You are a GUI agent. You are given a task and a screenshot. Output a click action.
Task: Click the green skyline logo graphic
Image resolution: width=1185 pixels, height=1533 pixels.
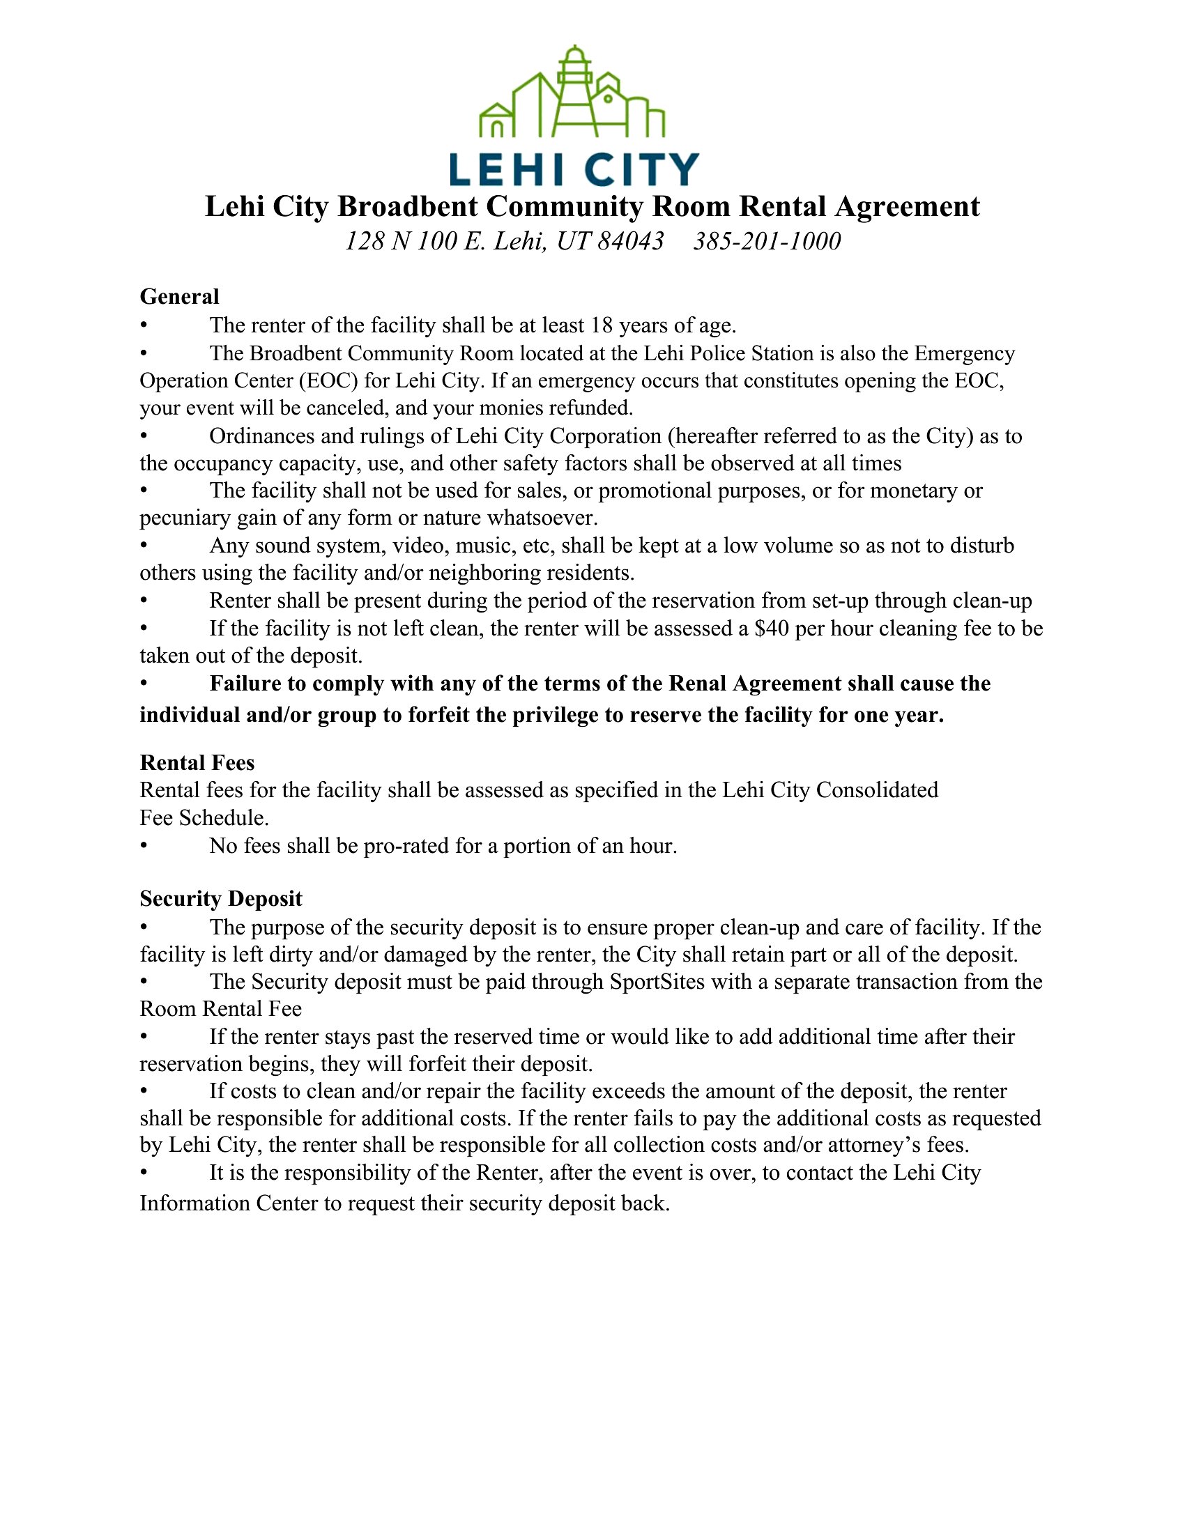coord(572,93)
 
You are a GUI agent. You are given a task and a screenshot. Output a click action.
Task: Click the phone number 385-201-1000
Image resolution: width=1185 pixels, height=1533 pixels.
coord(767,242)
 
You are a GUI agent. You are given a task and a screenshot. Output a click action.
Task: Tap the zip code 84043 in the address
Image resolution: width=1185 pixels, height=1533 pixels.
coord(630,242)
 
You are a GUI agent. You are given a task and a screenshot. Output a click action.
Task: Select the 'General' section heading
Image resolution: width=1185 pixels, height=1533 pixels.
coord(180,297)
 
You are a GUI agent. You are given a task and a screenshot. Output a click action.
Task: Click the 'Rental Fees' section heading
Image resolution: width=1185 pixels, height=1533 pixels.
coord(197,763)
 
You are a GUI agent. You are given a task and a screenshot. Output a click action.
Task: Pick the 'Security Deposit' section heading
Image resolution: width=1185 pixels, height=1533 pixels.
coord(221,899)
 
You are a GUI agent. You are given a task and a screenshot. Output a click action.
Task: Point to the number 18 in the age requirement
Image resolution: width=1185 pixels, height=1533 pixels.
coord(602,325)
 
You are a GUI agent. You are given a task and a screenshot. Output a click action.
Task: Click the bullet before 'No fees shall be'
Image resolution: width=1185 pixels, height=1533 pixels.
coord(144,846)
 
